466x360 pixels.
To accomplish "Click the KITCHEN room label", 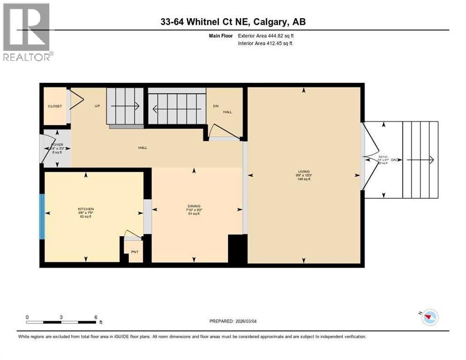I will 86,209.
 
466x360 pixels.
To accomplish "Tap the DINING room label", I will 194,206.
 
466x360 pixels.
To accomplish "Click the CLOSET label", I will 55,106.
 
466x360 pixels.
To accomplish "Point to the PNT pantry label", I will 135,252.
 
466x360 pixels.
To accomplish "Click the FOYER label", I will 57,145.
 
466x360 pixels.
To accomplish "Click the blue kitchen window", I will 42,216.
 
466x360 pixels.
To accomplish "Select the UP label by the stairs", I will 97,106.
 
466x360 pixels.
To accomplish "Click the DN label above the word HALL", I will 216,106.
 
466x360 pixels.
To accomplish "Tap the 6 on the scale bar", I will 96,317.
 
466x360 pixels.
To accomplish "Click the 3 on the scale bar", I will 61,317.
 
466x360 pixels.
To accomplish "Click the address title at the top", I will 233,22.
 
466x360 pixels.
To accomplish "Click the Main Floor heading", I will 222,36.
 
